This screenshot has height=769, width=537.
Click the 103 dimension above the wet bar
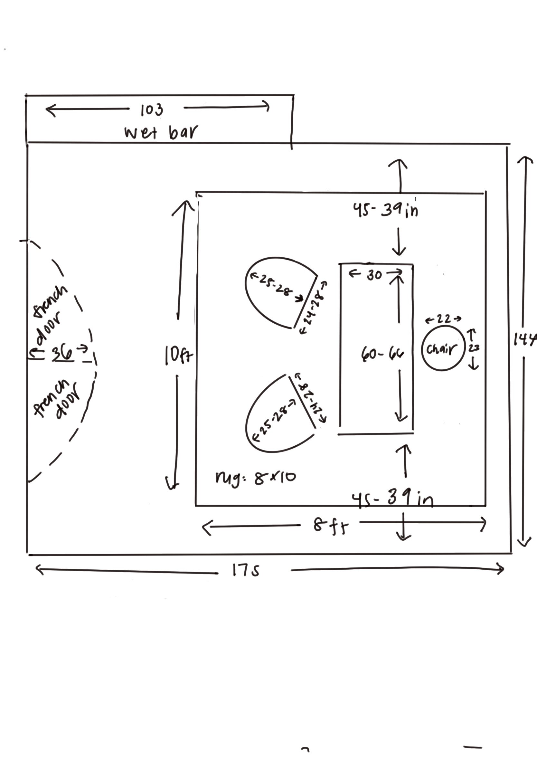[152, 110]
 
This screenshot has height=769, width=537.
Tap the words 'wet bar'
[161, 132]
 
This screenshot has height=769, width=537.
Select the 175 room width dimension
[246, 570]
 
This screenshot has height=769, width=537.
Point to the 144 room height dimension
[525, 340]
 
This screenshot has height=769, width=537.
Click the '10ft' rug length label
[178, 355]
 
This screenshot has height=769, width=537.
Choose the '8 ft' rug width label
[331, 526]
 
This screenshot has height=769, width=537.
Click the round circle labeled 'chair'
[443, 349]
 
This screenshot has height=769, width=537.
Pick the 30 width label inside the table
[374, 275]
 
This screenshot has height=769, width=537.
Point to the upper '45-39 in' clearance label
[385, 210]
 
